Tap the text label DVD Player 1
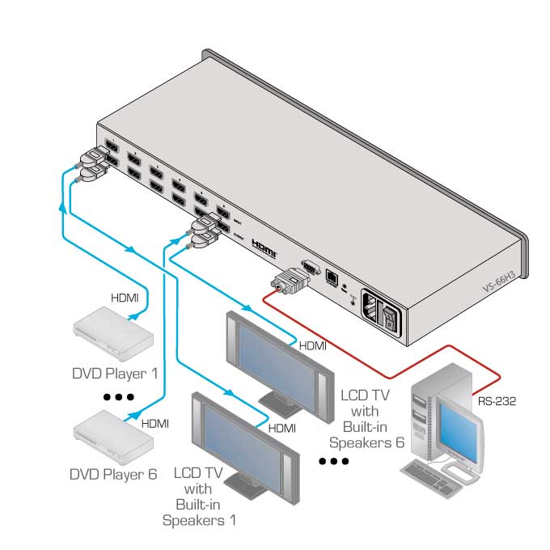(113, 374)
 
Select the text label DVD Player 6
(113, 475)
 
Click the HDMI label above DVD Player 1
(125, 298)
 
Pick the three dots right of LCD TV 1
(333, 462)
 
